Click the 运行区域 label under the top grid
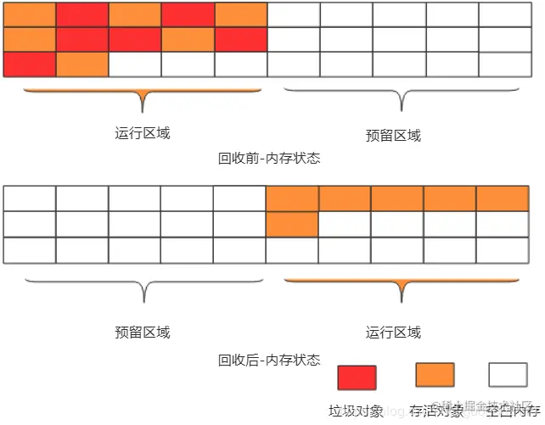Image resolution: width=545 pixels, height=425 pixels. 142,133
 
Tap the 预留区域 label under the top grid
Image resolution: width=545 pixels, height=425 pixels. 393,136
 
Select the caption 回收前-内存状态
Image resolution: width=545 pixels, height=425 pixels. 269,159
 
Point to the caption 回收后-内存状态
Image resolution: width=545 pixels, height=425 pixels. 269,360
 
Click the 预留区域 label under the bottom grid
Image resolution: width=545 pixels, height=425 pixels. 142,332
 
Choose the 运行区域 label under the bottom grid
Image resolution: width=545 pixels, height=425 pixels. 393,332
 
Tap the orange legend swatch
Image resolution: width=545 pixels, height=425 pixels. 435,376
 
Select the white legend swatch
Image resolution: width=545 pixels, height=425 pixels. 508,376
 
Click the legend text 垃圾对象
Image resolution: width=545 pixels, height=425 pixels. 357,411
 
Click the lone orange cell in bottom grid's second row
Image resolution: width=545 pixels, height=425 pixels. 292,225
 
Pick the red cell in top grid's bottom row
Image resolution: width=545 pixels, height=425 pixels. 30,64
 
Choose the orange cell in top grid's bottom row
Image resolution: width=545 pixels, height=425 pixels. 82,64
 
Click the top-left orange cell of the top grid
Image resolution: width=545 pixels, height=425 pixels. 30,14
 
